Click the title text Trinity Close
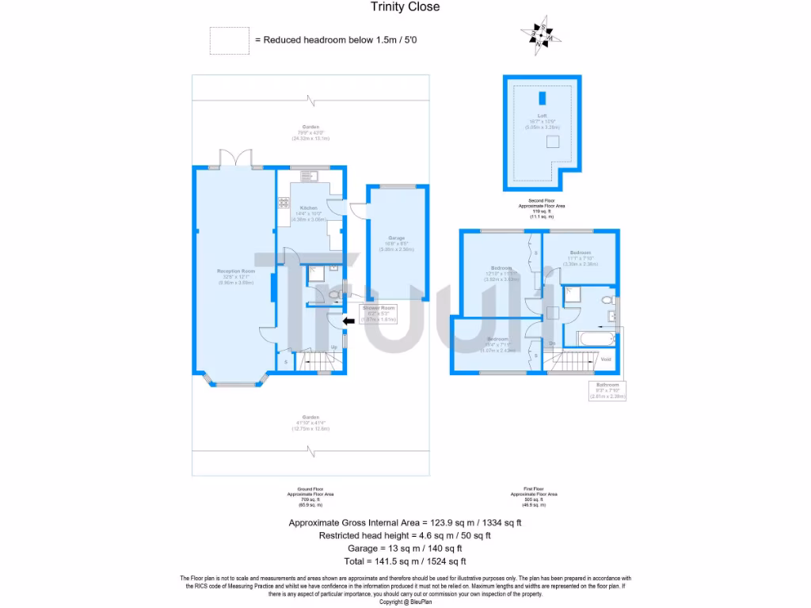(405, 7)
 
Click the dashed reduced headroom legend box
(228, 40)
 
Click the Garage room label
(396, 241)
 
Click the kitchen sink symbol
(308, 176)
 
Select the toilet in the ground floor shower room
(333, 295)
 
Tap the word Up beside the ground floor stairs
(333, 347)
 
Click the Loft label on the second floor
(543, 116)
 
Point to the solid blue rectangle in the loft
(543, 98)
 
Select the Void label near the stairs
(606, 359)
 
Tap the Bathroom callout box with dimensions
(606, 390)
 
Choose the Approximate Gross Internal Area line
(405, 522)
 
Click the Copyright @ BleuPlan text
(405, 602)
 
